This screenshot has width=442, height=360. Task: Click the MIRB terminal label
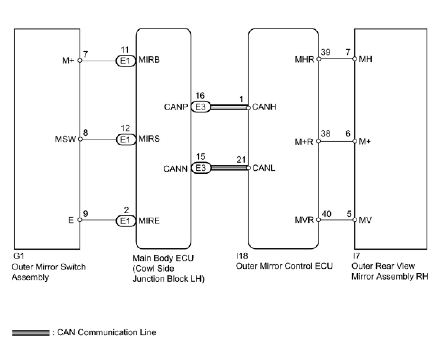point(149,60)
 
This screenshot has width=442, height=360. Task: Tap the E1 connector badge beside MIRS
point(125,139)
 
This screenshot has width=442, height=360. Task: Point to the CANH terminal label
point(264,107)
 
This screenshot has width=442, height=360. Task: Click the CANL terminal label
point(264,168)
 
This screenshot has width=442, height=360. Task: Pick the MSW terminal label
point(66,139)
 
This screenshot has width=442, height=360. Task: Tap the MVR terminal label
point(305,220)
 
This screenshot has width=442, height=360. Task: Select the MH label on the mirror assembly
point(365,59)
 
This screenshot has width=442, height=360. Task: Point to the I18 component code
point(242,256)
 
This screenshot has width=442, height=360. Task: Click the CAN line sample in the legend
point(31,333)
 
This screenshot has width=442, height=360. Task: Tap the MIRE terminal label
point(149,221)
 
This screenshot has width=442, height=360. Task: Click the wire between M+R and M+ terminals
point(336,141)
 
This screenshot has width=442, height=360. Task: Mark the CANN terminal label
point(175,169)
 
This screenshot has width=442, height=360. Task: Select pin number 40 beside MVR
point(327,214)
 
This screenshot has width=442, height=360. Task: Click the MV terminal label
point(365,220)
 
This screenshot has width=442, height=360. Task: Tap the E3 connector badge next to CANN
point(201,168)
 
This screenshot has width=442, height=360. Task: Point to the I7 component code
point(356,256)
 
